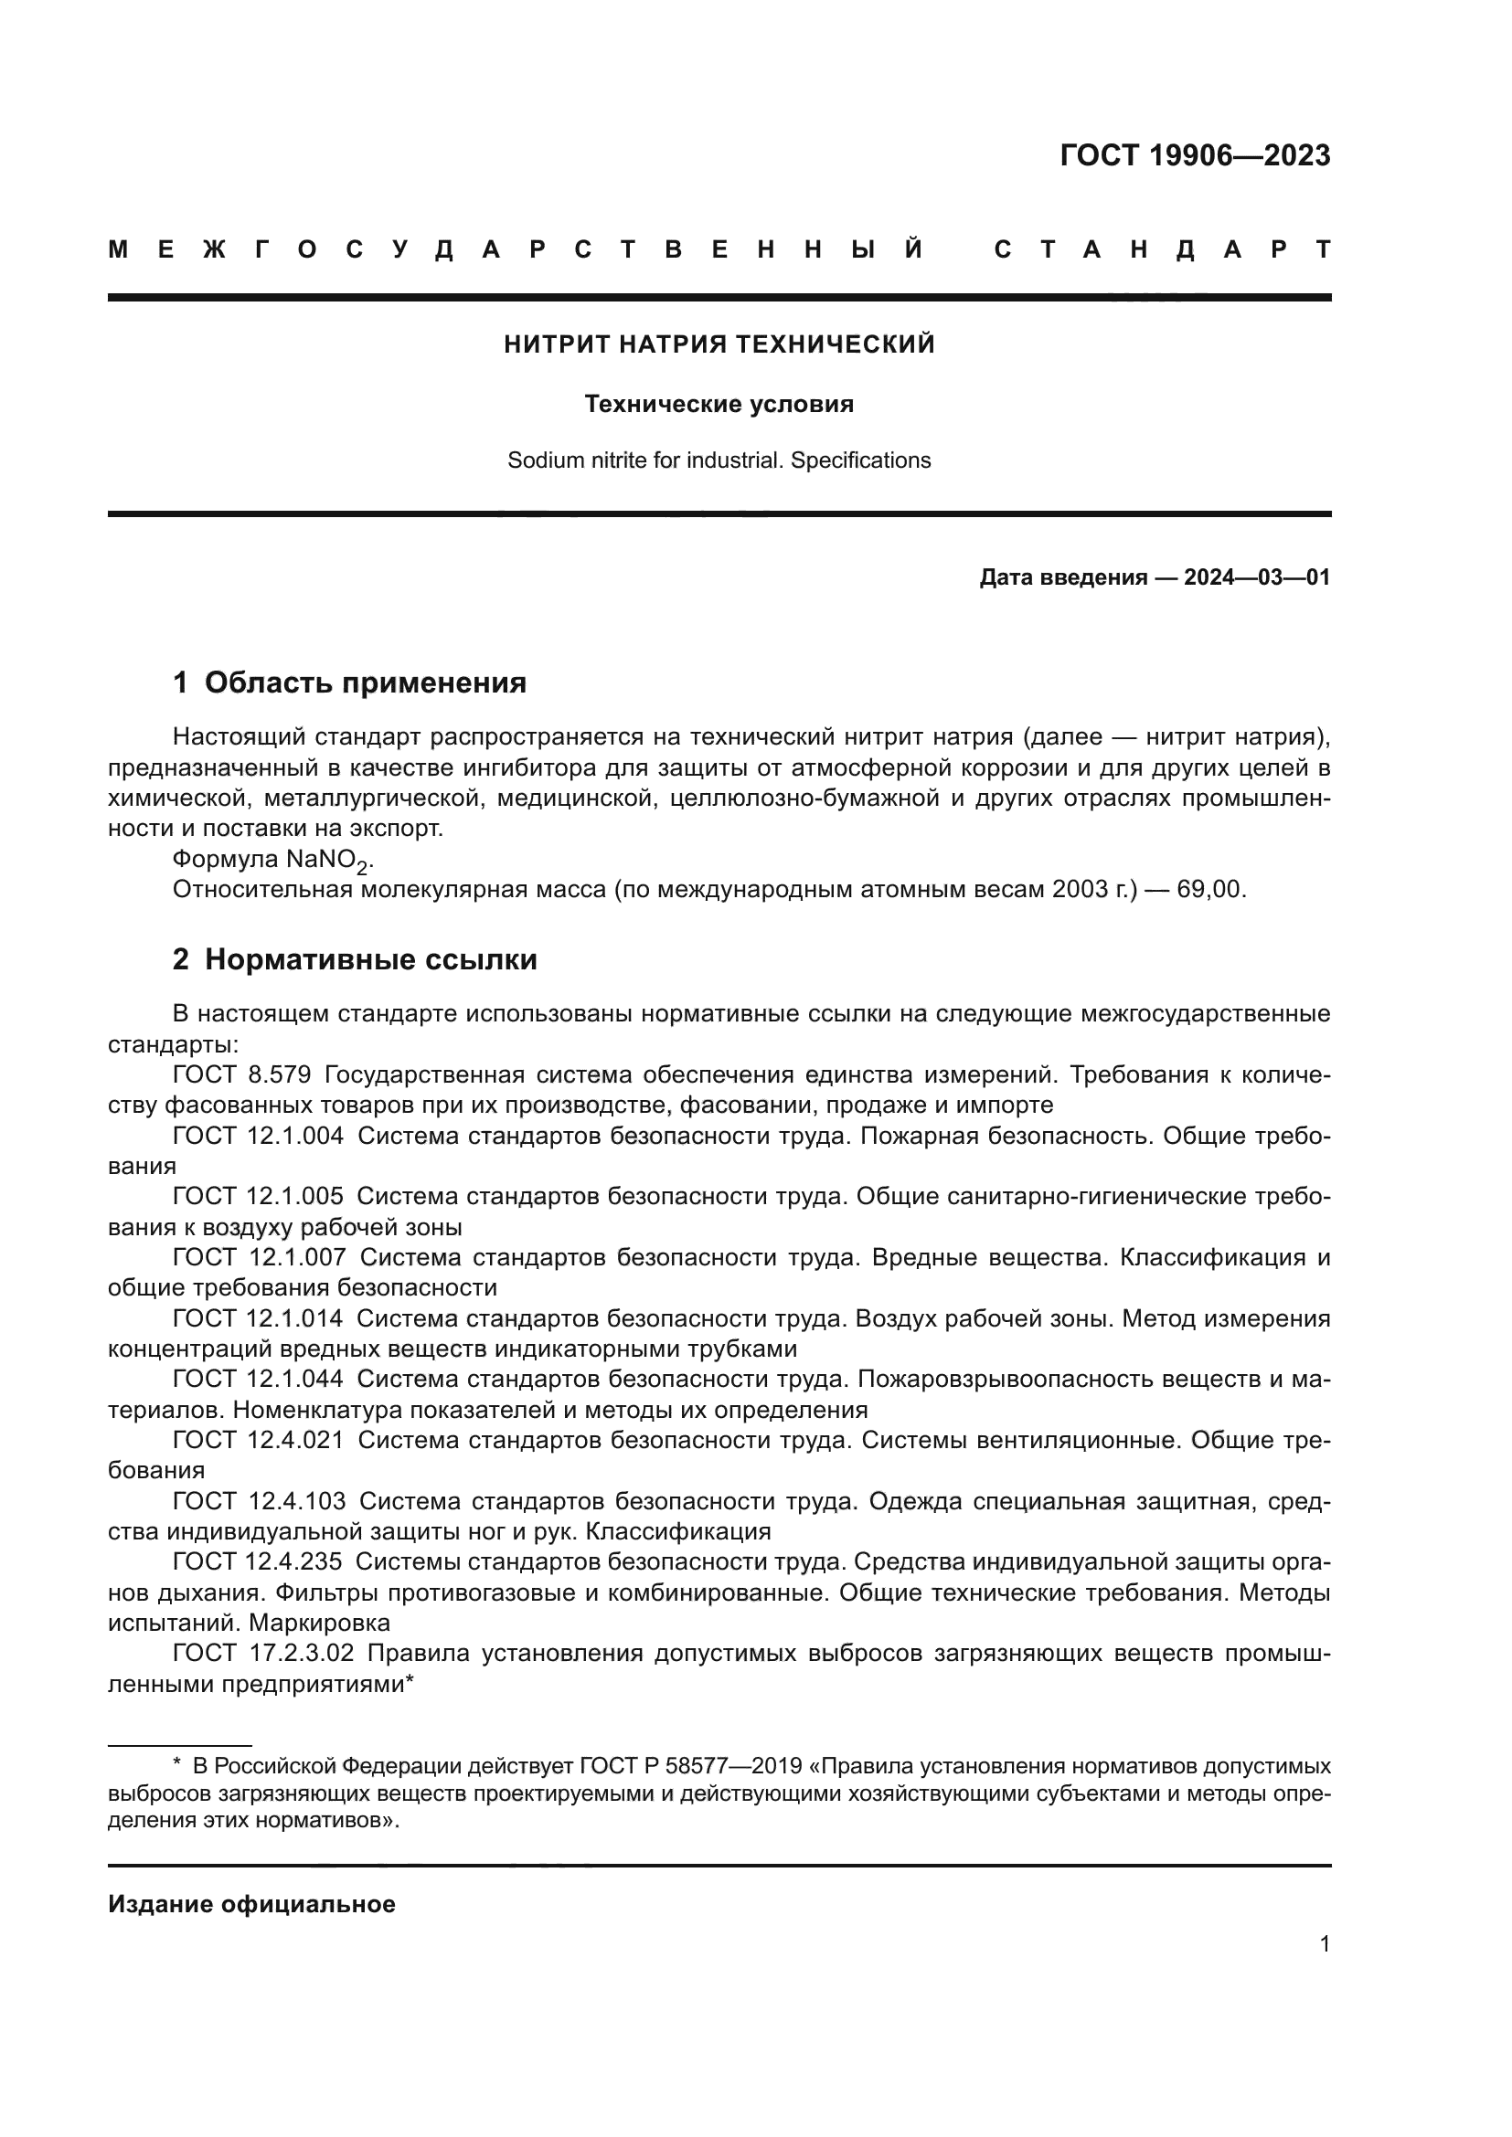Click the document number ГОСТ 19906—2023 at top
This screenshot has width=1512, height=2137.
1195,155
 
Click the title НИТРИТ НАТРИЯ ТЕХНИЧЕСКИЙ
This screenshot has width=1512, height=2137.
719,344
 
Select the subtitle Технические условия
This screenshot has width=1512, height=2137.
719,404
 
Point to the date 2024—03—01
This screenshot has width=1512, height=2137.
1256,578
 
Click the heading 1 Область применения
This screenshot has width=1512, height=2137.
349,682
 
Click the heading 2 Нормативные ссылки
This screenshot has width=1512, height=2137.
355,958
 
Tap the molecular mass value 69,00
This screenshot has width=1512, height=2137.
1209,889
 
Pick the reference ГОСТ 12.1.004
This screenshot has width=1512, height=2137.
258,1136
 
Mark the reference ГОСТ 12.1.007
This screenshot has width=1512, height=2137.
258,1257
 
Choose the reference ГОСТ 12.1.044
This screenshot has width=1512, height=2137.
258,1380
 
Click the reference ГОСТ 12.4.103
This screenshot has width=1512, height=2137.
258,1501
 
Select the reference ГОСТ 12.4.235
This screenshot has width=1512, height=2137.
258,1561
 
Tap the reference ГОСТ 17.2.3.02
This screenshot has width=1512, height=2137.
263,1653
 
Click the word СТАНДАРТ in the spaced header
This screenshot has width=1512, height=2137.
1163,249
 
